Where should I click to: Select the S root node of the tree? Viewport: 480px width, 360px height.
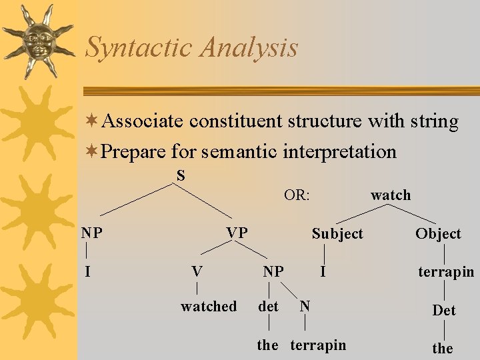181,175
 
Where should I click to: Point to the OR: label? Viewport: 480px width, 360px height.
297,195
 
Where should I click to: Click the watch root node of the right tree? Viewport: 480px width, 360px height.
391,195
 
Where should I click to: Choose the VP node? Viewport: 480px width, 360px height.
237,233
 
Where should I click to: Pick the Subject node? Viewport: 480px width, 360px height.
337,233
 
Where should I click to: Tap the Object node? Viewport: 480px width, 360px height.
438,233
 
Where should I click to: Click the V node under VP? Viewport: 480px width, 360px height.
197,271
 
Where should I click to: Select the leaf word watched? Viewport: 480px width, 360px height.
209,307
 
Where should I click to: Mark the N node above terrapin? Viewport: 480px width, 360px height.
305,306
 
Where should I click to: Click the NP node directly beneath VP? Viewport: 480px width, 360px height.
273,271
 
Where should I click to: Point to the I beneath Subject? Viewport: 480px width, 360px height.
323,271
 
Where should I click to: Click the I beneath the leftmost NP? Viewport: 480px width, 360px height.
87,271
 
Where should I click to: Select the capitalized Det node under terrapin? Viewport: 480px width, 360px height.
444,311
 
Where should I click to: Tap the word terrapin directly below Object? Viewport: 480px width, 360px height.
446,272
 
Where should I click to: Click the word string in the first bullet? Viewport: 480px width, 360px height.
434,122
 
